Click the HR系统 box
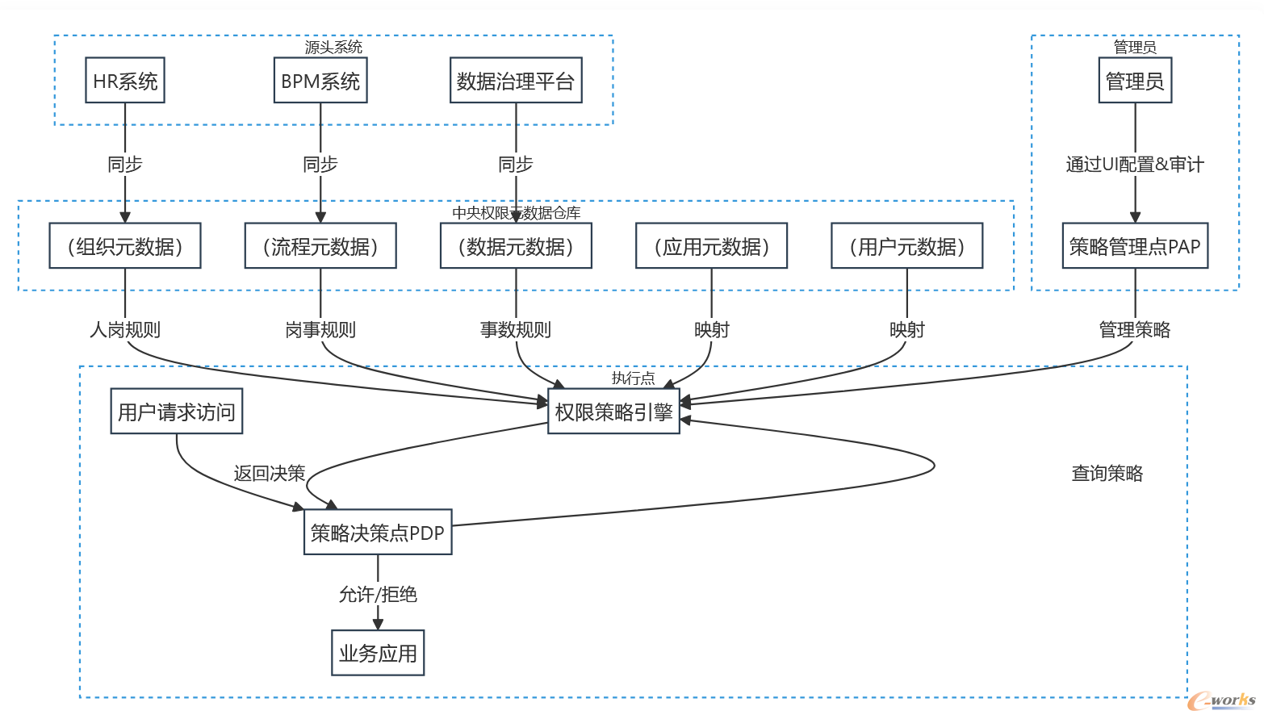point(125,81)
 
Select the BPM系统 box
point(320,81)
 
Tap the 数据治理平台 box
point(516,81)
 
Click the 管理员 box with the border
point(1135,81)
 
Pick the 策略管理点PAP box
point(1135,246)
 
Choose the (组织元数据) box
point(125,246)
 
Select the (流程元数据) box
point(320,246)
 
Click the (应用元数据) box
point(711,246)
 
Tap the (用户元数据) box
point(907,246)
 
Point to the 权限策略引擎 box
point(613,412)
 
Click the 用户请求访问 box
point(176,412)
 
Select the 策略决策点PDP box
point(378,533)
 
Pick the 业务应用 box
point(378,653)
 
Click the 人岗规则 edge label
point(125,329)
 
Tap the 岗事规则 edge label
point(320,329)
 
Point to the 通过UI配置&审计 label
point(1135,165)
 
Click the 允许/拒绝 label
point(378,595)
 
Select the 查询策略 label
point(1107,474)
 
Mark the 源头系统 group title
point(333,48)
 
